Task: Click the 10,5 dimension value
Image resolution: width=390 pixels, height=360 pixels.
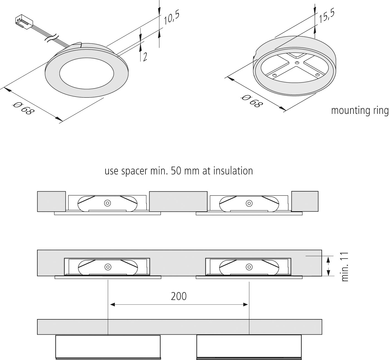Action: (171, 18)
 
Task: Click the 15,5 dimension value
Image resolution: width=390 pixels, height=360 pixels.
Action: (326, 16)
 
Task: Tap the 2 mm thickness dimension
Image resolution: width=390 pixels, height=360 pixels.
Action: (145, 57)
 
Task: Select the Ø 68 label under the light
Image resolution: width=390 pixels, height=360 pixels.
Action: (24, 108)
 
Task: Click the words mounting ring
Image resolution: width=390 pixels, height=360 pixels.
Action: (359, 111)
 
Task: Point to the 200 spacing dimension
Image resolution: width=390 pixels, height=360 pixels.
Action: (179, 296)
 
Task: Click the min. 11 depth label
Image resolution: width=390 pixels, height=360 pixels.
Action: (345, 267)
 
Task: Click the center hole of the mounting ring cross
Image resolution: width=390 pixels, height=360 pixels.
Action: (297, 63)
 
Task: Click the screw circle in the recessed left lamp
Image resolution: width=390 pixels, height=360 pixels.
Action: (107, 267)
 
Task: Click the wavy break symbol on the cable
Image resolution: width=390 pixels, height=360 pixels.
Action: (52, 38)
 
